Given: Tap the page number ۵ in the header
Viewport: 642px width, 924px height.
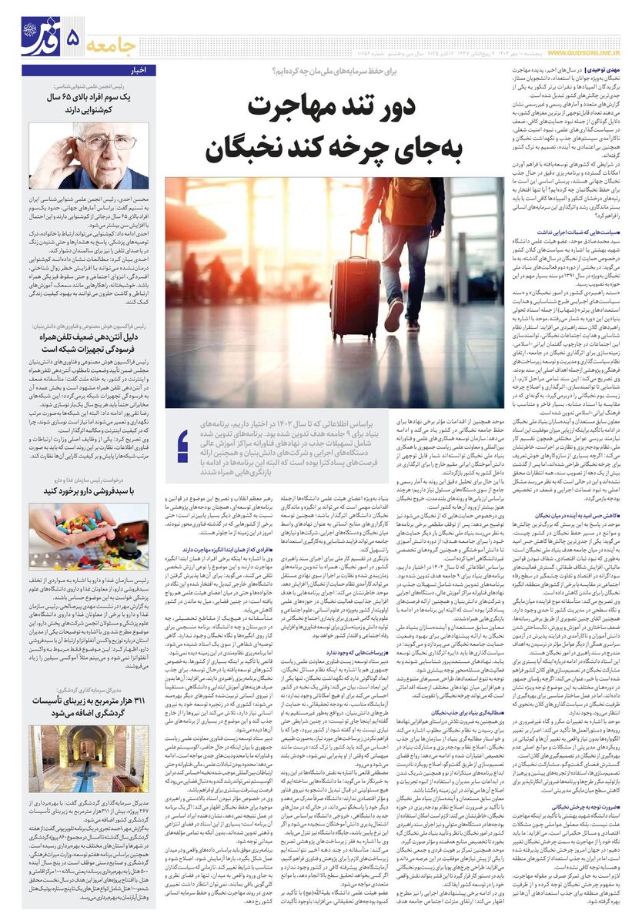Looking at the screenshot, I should tap(73, 39).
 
